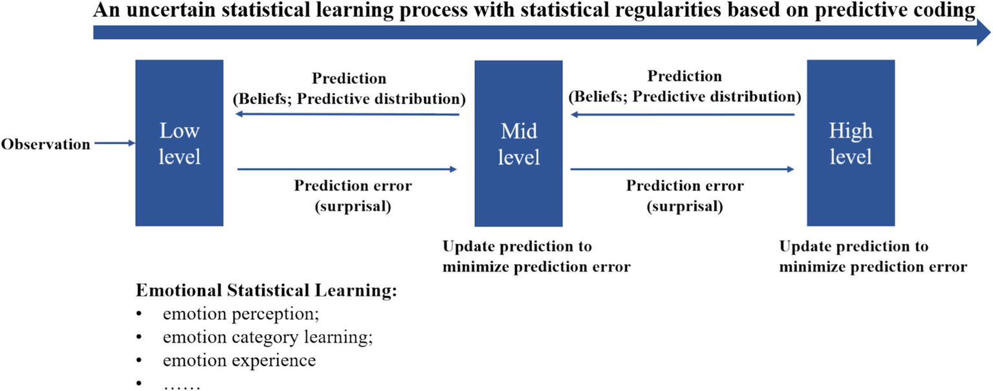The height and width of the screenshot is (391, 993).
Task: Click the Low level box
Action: click(179, 143)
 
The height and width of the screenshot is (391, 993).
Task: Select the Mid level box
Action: click(518, 143)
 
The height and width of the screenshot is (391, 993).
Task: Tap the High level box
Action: click(851, 143)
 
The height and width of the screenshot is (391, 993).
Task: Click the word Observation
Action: click(45, 145)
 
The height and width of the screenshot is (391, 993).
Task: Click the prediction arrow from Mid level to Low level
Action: click(347, 114)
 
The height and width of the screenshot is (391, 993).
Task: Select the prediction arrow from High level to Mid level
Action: click(682, 114)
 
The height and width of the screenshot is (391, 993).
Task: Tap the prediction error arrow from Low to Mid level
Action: click(347, 169)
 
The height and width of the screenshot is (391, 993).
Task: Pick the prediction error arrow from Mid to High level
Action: click(682, 169)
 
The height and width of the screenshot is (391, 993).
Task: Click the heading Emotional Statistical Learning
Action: click(266, 291)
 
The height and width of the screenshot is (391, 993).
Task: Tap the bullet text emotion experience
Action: click(239, 360)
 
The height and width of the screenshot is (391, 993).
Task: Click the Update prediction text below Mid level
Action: click(536, 257)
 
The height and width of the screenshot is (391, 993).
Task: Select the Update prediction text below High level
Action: click(873, 257)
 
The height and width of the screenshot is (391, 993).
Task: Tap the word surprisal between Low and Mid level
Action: click(353, 206)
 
